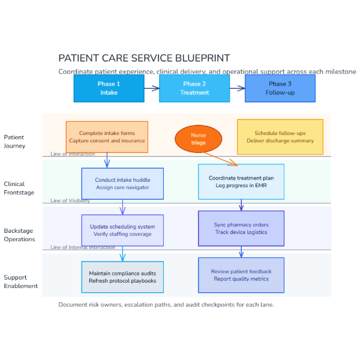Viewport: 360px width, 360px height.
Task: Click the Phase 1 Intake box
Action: click(x=109, y=88)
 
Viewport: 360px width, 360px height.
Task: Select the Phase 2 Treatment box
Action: click(x=194, y=88)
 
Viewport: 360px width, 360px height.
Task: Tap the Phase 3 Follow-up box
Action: click(x=280, y=88)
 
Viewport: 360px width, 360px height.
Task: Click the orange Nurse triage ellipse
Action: click(x=198, y=139)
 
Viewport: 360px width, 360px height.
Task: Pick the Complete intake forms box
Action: click(x=107, y=137)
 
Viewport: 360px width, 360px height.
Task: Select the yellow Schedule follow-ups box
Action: click(x=280, y=137)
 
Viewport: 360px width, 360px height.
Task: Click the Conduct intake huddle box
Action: click(x=122, y=184)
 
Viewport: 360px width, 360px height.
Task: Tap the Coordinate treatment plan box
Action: click(x=241, y=181)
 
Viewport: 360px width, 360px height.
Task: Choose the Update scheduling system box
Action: click(x=122, y=230)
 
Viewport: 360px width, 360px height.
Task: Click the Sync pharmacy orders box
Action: click(x=241, y=228)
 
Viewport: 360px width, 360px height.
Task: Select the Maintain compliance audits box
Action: click(x=122, y=277)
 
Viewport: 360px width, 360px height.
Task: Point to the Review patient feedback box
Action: click(x=241, y=275)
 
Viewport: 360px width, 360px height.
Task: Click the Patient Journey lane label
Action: click(x=14, y=142)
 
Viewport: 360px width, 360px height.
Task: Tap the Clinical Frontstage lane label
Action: click(x=19, y=188)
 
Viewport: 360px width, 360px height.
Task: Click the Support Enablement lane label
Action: click(x=20, y=281)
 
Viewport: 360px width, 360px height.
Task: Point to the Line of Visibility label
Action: click(x=70, y=201)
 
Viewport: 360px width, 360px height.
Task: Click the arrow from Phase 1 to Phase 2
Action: click(x=152, y=88)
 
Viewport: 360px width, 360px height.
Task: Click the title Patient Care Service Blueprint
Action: click(x=144, y=58)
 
